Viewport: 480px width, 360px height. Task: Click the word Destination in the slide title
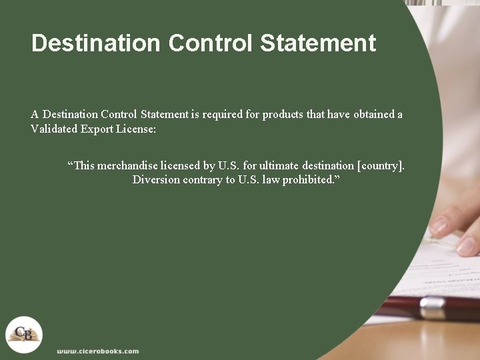point(96,43)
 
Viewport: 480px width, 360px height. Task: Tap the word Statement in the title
point(318,43)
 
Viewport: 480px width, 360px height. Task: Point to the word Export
point(97,129)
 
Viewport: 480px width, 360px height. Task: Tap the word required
point(222,114)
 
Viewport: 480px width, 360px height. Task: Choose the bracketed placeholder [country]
point(381,165)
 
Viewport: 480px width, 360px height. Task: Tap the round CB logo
point(24,333)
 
